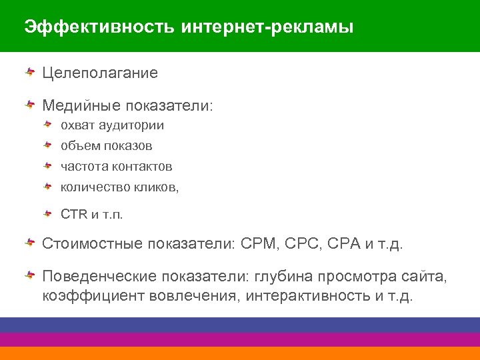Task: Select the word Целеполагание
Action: tap(100, 73)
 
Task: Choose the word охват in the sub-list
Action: tap(77, 125)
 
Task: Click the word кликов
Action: tap(155, 187)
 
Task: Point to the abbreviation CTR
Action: tap(70, 215)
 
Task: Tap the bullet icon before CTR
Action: tap(48, 213)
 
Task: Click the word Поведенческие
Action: tap(91, 276)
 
